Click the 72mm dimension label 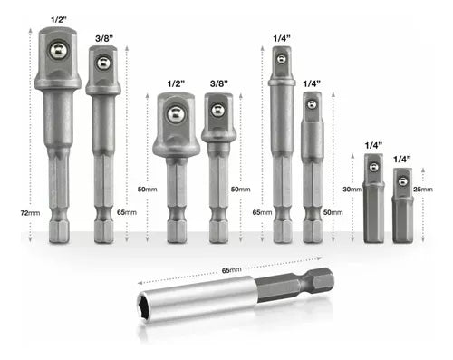click(30, 213)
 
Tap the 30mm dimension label click(352, 190)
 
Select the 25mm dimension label click(423, 190)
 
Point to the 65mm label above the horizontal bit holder click(232, 270)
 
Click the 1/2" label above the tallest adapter click(58, 20)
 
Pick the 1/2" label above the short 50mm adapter click(176, 83)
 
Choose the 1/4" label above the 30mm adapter click(373, 145)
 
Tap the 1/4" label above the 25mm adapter click(402, 160)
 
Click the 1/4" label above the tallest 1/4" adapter click(282, 38)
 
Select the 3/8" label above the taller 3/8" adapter click(104, 38)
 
